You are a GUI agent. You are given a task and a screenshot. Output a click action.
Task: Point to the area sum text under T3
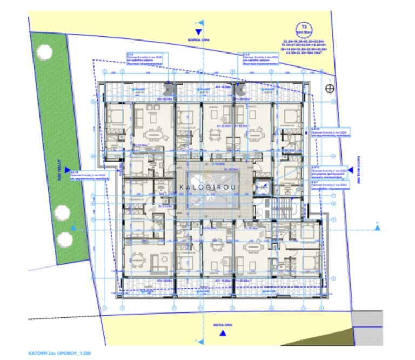click(307, 48)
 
